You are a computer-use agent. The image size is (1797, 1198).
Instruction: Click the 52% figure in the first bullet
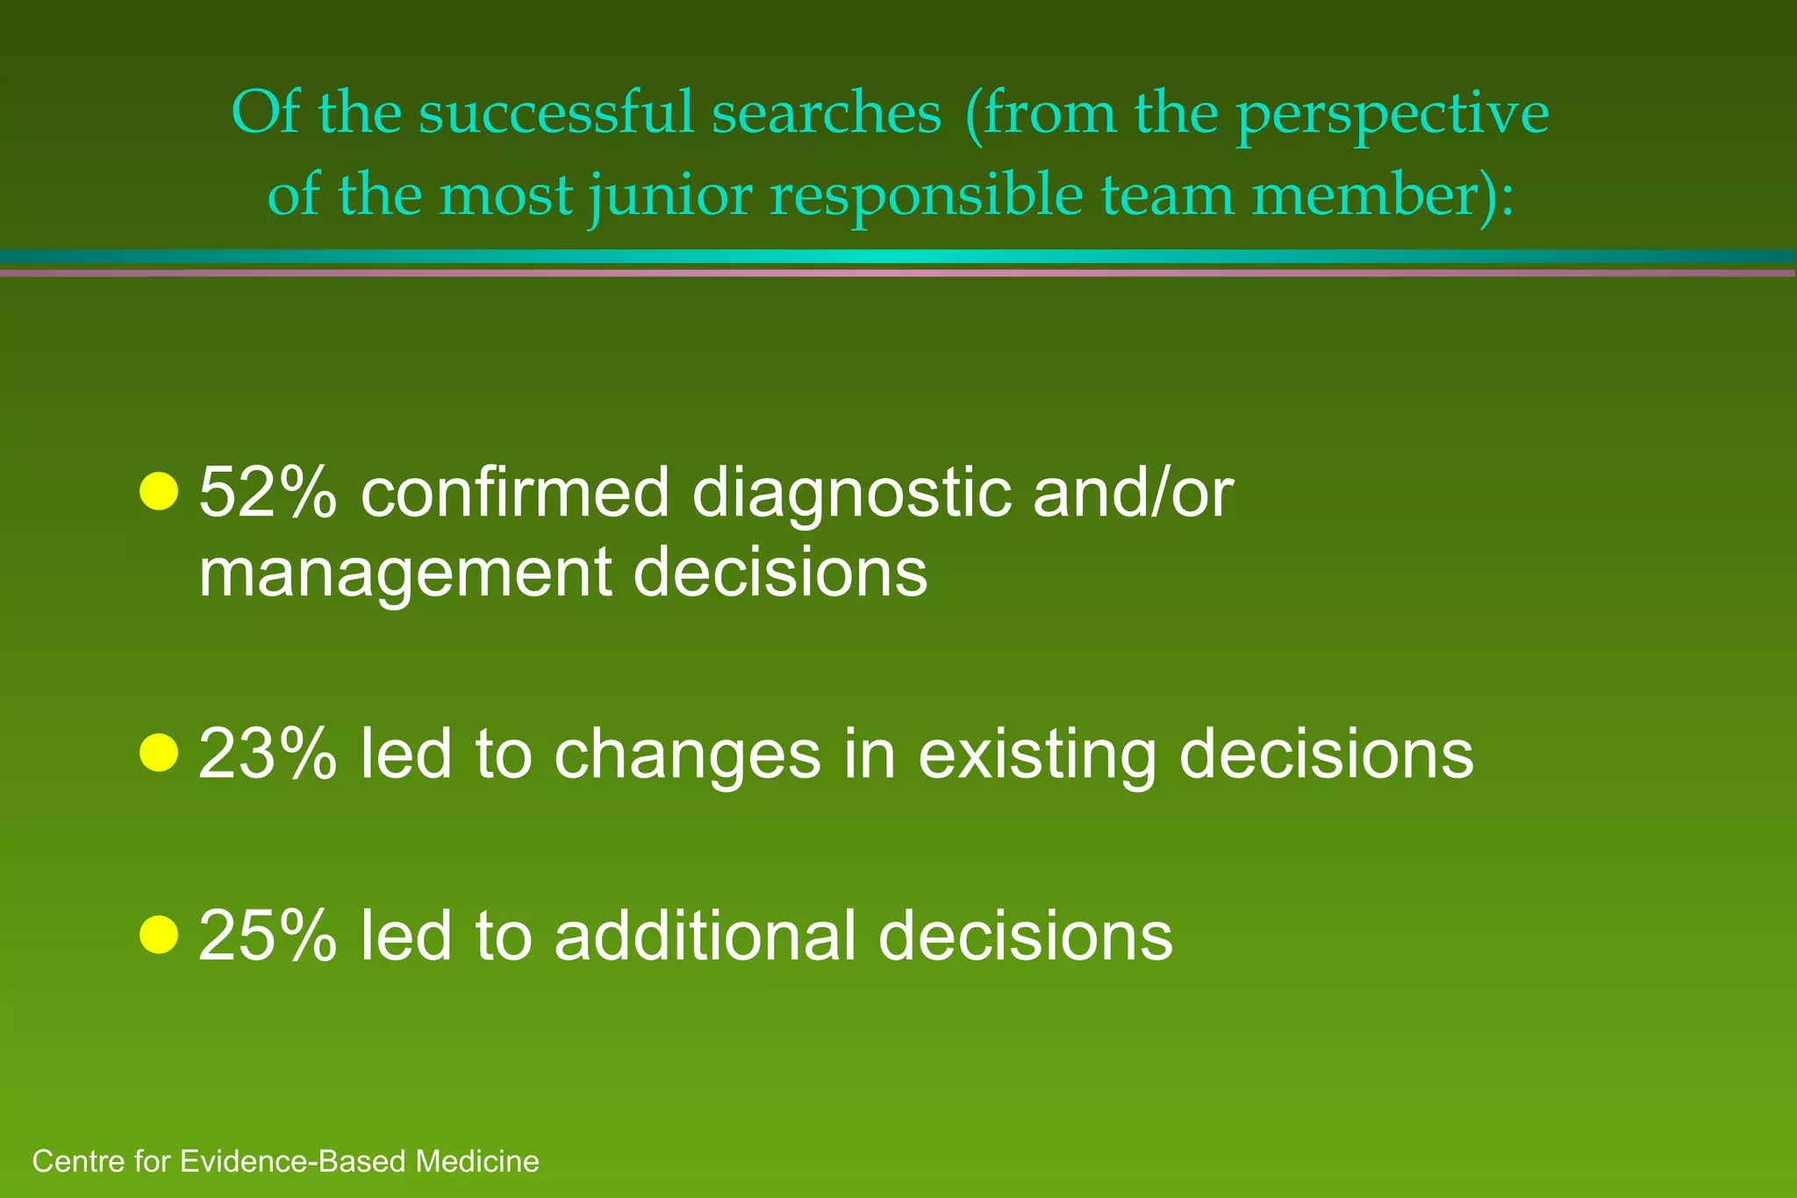[267, 494]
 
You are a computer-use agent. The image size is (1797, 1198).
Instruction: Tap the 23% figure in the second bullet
[267, 754]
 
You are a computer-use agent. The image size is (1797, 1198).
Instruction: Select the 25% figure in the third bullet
[267, 936]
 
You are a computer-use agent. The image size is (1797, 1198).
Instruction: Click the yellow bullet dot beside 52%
[159, 491]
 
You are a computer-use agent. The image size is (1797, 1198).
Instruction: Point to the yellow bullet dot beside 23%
[159, 752]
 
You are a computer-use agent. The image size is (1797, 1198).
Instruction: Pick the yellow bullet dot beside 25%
[159, 934]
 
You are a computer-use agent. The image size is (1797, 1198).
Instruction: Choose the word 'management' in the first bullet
[405, 574]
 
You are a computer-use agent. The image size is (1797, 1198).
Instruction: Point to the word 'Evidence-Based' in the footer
[293, 1161]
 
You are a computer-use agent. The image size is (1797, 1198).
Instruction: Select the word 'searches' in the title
[826, 114]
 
